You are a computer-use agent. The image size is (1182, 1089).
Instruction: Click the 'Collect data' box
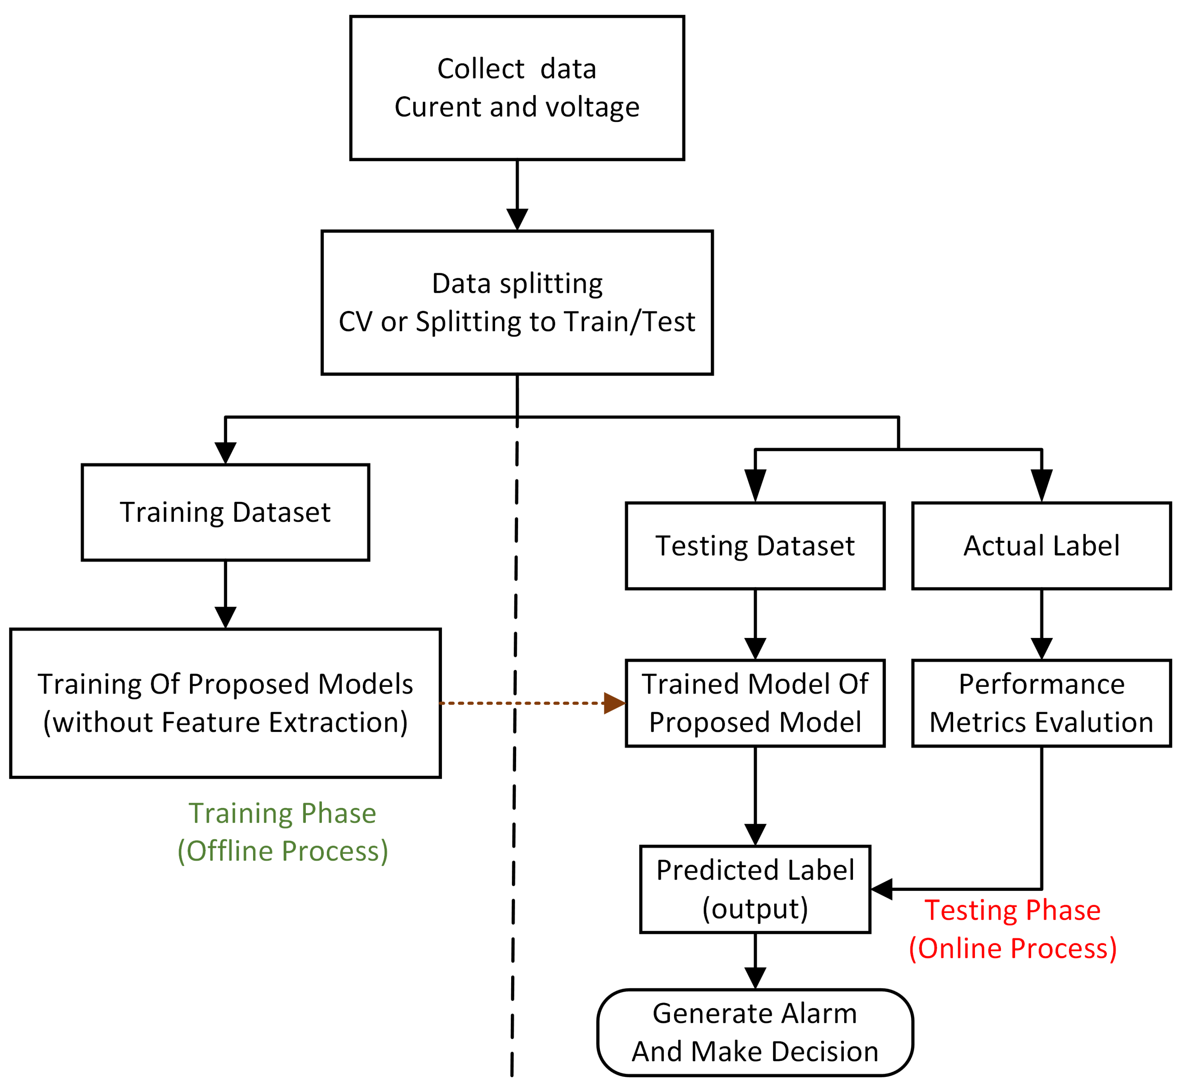coord(517,88)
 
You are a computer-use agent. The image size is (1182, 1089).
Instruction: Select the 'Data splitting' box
coord(517,302)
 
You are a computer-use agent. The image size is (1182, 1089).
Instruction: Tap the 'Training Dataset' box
coord(225,512)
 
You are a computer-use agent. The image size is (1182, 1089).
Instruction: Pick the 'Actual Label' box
coord(1041,546)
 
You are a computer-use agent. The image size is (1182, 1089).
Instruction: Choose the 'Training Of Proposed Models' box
coord(225,703)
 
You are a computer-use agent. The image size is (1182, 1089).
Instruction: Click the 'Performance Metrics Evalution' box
coord(1041,703)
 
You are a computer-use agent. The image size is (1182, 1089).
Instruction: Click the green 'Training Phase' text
coord(282,813)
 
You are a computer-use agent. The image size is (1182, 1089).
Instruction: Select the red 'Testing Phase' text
coord(1012,911)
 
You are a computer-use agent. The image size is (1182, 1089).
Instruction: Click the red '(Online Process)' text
coord(1012,949)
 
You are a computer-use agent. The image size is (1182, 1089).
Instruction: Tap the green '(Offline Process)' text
coord(282,851)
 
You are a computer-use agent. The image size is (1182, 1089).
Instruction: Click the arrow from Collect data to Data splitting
coord(517,195)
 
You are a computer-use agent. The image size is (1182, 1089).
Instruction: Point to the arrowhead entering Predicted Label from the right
coord(882,889)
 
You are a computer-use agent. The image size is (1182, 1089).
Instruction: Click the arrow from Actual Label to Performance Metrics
coord(1041,624)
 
